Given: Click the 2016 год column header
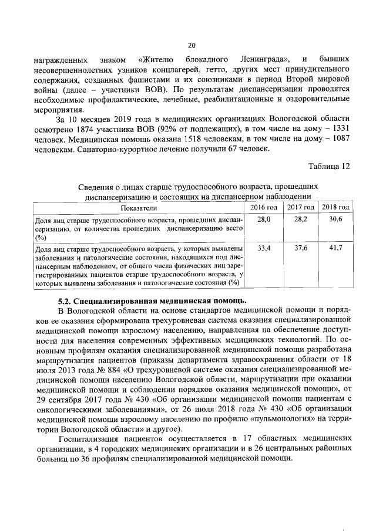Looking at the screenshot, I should point(264,208).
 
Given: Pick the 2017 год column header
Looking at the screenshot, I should point(300,208).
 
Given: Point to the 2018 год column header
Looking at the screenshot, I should point(336,208).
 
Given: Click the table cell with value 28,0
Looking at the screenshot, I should point(264,219).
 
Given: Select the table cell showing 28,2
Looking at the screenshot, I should point(300,219).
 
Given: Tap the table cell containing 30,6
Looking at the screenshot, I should point(336,219).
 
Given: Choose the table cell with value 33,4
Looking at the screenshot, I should point(264,248).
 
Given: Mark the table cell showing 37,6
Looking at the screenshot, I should point(300,248).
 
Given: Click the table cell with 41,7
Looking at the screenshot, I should point(336,248).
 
